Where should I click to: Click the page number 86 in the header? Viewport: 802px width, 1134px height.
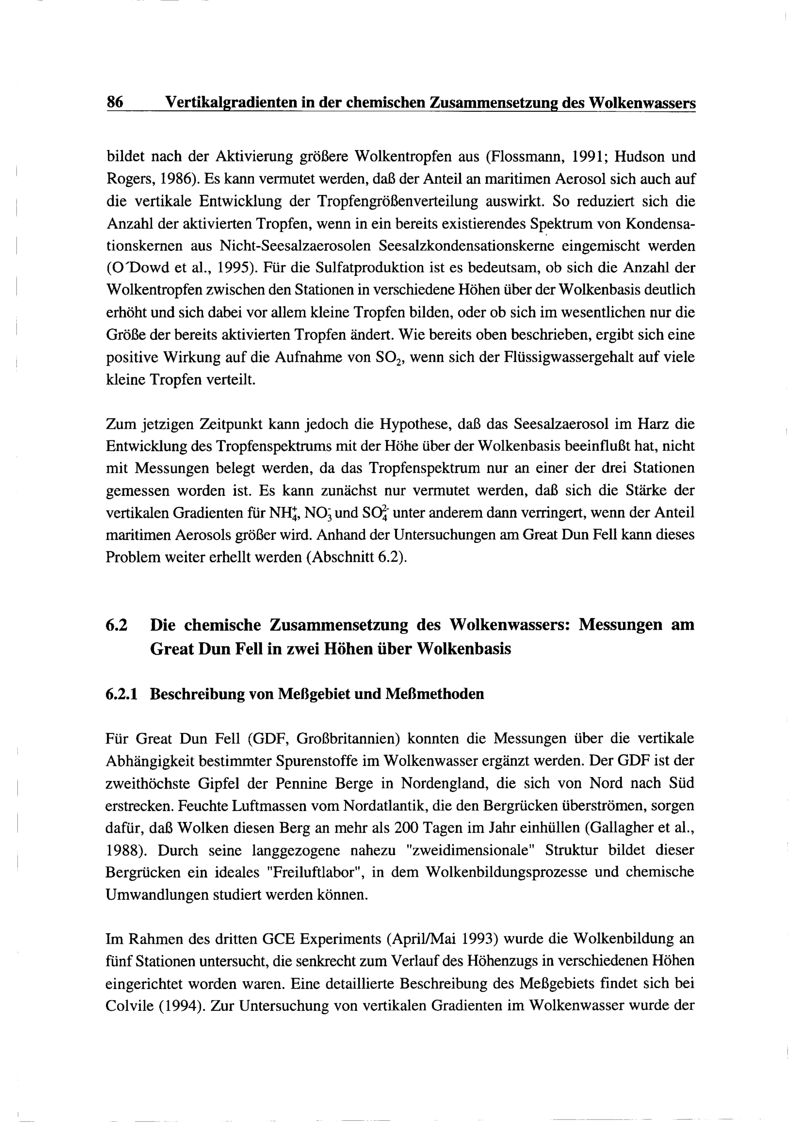[x=115, y=103]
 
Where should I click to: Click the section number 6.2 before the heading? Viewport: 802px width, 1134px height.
[x=117, y=625]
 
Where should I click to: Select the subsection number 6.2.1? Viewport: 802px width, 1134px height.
[x=122, y=695]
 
